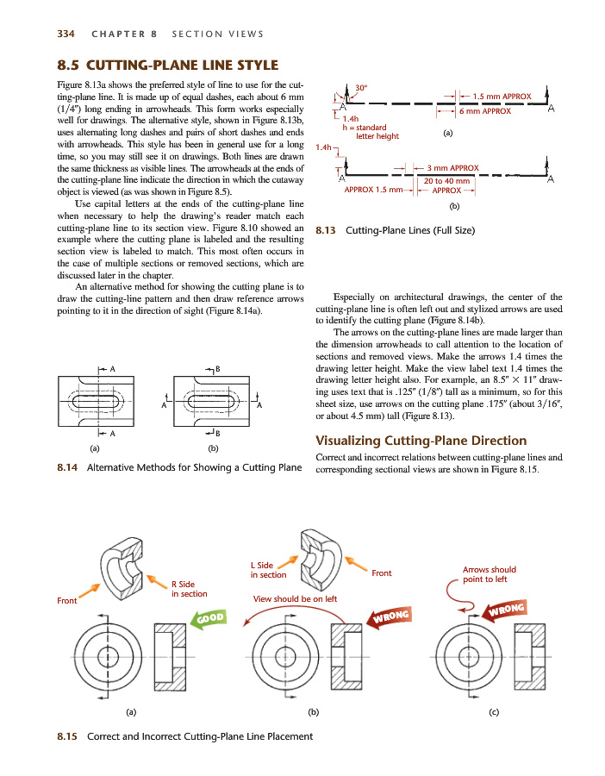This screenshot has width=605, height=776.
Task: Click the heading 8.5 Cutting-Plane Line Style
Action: pos(167,66)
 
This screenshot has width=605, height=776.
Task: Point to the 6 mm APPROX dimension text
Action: pos(484,111)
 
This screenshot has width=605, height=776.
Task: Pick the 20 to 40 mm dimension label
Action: pos(446,181)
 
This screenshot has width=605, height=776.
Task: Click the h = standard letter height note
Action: pos(371,132)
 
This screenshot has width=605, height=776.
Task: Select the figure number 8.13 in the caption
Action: pos(326,231)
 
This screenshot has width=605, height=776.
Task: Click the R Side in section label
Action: pos(189,589)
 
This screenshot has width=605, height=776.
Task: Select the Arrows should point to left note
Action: pos(489,574)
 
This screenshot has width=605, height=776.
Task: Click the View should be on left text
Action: pos(294,598)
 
